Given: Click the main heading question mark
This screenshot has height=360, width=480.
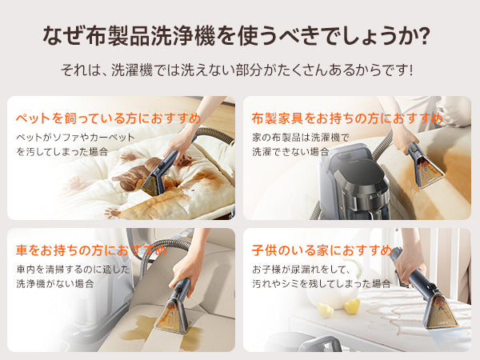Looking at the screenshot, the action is [425, 35].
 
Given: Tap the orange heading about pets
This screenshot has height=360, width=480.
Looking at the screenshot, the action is [108, 118].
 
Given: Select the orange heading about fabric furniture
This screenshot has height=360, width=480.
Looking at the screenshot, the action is [347, 118].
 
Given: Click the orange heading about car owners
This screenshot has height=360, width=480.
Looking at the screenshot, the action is [91, 250].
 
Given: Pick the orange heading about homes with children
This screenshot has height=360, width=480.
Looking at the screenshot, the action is [322, 250].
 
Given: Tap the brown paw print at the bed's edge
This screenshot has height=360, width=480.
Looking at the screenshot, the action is [112, 213].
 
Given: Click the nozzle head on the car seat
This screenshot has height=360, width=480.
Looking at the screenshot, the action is [172, 316].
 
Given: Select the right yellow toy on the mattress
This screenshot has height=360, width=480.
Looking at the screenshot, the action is [352, 306].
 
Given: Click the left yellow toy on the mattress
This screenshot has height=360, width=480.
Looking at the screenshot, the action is [325, 310].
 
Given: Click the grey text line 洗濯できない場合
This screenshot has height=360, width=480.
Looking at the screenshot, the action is [290, 152].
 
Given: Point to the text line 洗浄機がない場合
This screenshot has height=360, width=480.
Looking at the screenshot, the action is [55, 284].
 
